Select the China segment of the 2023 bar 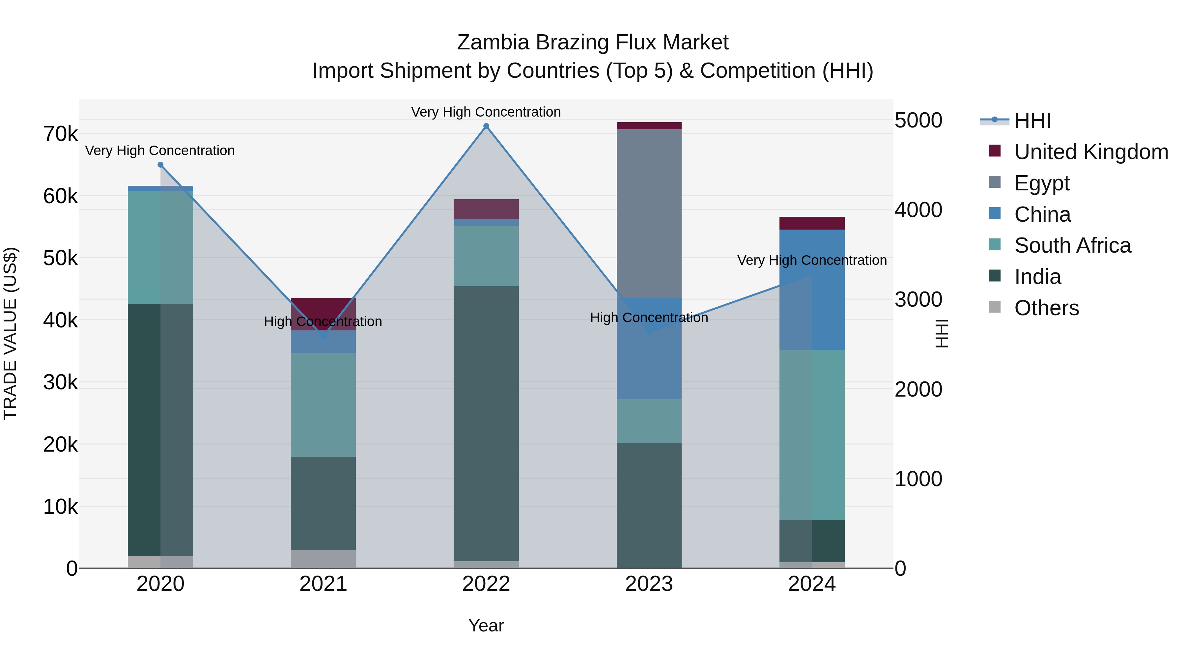649,348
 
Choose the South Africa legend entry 1072,245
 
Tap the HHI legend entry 1032,121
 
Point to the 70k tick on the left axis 60,134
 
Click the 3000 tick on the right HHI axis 918,300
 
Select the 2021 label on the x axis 323,584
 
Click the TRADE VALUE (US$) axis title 10,333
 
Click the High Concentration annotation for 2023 649,318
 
